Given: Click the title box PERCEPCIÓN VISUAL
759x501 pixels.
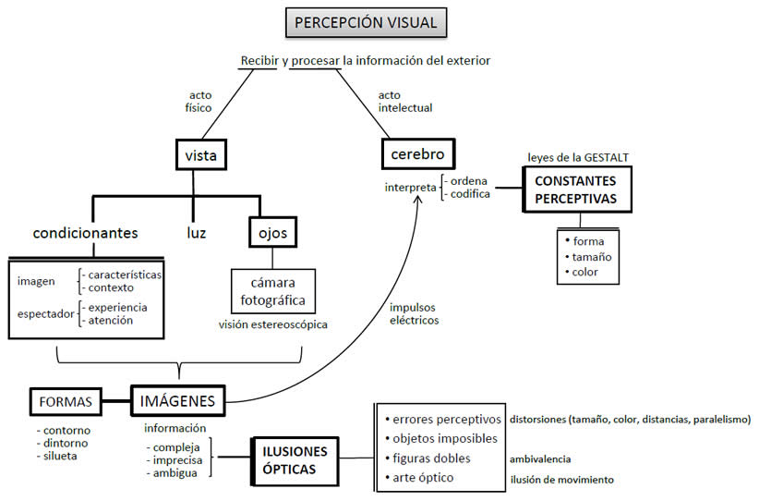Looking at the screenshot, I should tap(365, 21).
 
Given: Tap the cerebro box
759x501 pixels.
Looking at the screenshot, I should tap(417, 153).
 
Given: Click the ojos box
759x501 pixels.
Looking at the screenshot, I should tap(271, 232).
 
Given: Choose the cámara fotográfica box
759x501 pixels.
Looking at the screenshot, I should tap(272, 291).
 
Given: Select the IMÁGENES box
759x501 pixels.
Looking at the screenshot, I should tap(176, 401).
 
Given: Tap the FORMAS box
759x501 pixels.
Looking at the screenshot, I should tap(66, 402).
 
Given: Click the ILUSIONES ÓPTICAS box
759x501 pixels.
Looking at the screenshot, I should tap(289, 459).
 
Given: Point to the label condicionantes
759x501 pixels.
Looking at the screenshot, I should tap(85, 232).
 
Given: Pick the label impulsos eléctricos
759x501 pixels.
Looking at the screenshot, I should tap(413, 314).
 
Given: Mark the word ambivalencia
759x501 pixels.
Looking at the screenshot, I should tap(539, 458).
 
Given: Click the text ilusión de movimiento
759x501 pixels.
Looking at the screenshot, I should tap(561, 480).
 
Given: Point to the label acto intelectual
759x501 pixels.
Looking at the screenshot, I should tap(404, 101).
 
